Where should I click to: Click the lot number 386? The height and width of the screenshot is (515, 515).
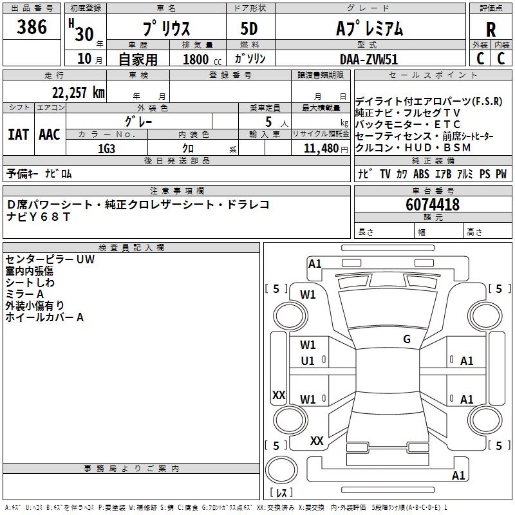coord(32,27)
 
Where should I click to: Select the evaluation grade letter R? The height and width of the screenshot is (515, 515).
coord(491,30)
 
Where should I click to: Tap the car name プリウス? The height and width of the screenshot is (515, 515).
coord(165,29)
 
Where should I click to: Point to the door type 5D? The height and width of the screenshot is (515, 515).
coord(250,29)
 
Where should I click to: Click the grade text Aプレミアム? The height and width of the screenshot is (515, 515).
coord(369,29)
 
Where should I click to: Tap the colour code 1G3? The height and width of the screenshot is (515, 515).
coord(107,147)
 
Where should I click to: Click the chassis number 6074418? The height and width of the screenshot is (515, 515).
coord(433,205)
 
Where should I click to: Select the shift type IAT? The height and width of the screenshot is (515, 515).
coord(18,135)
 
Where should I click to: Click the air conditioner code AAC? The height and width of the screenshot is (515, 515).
coord(50,135)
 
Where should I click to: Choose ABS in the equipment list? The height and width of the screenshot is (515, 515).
coord(421,174)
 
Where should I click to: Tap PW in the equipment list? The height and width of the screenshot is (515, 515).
coord(501,174)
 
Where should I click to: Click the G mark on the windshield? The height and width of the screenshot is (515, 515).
coord(407,339)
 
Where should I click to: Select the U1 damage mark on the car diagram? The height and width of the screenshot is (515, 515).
coord(308,361)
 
